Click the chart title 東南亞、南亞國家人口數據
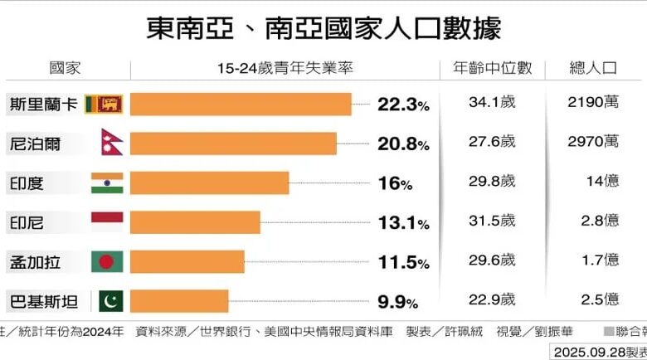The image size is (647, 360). coord(323,29)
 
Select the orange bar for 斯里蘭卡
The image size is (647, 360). coord(241,104)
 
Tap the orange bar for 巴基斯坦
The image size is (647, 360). coord(179,300)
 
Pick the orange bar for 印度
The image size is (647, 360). coord(210,182)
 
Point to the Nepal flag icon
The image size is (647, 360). coord(109,143)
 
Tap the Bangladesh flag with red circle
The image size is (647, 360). coord(107,261)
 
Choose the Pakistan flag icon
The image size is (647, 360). coord(109,300)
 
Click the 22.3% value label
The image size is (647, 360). coord(403,105)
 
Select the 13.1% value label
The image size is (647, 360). coord(403,222)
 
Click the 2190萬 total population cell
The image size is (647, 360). coord(594,104)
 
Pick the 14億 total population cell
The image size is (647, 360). coord(600,182)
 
